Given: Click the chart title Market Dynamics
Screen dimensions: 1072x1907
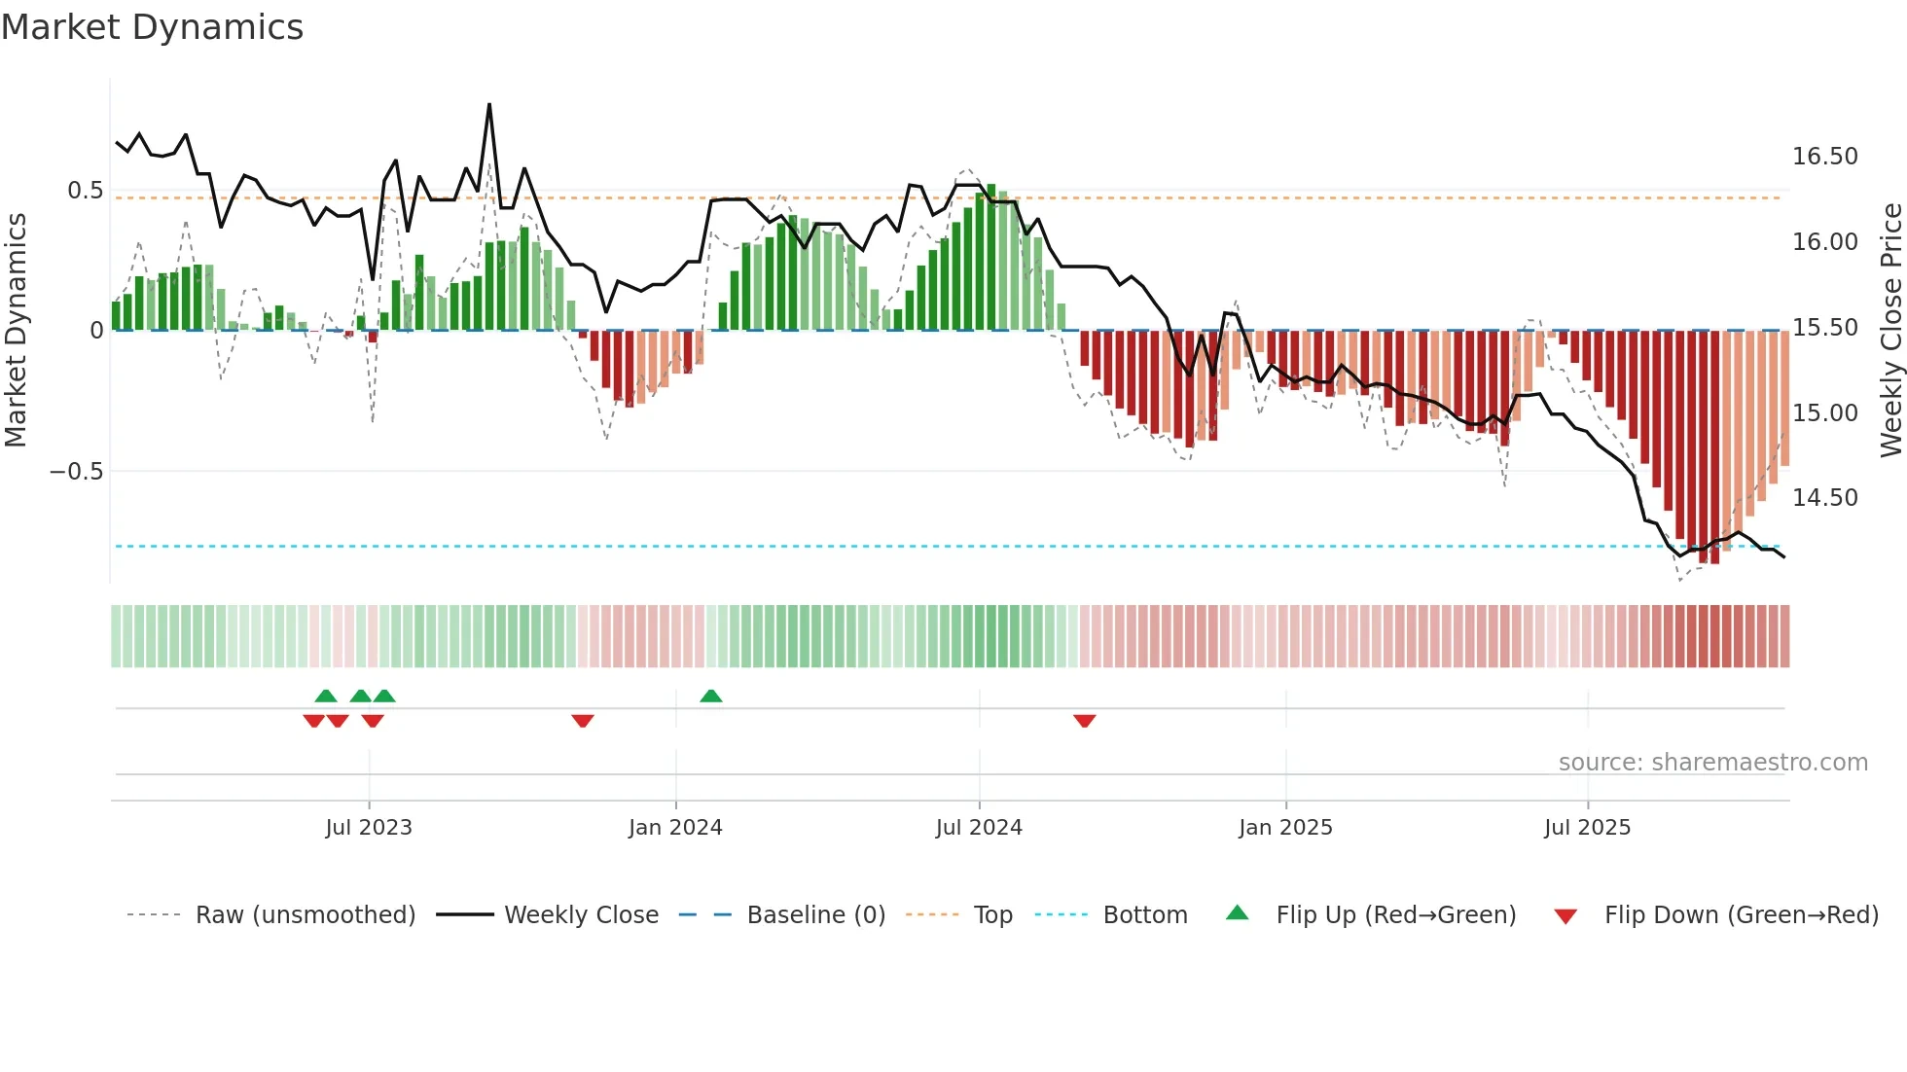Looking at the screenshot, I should (x=152, y=27).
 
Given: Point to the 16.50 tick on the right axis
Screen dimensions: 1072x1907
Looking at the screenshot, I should (x=1824, y=157).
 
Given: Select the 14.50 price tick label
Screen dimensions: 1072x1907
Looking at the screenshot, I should (x=1824, y=498).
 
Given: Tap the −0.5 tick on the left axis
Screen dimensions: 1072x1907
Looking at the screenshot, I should (x=76, y=472).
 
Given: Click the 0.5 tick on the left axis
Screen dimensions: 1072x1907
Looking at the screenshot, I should (x=85, y=191).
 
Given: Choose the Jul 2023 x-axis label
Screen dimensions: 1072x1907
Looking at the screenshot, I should (x=369, y=828).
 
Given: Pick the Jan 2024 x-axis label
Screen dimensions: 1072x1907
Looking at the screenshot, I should (x=675, y=828).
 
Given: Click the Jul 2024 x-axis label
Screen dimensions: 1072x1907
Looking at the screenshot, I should (x=979, y=828).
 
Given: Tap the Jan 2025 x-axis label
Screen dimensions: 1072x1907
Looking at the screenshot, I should (x=1285, y=828).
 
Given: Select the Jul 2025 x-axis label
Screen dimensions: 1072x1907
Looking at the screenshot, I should (x=1587, y=828).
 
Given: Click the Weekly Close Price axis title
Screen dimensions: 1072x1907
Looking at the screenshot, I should (x=1890, y=331).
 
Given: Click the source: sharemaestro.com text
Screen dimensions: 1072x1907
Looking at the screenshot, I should (x=1712, y=763).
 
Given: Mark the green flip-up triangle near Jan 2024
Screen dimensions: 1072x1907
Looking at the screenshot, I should (x=711, y=697).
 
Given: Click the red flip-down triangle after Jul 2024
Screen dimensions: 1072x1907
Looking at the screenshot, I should (x=1085, y=721).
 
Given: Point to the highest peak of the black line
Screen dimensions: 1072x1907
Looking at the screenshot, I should (x=489, y=104).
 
